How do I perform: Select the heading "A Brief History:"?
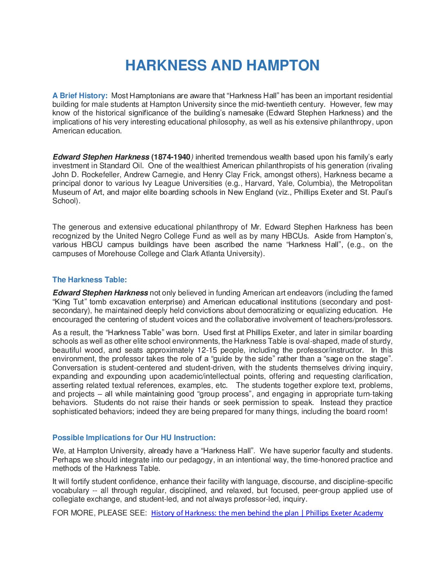[80, 96]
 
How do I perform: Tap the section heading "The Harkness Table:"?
[90, 280]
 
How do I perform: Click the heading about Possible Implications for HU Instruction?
[134, 438]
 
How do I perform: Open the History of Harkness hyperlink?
[267, 513]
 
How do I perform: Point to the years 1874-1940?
[171, 157]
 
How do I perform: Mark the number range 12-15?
[207, 350]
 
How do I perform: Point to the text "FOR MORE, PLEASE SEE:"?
[99, 513]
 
